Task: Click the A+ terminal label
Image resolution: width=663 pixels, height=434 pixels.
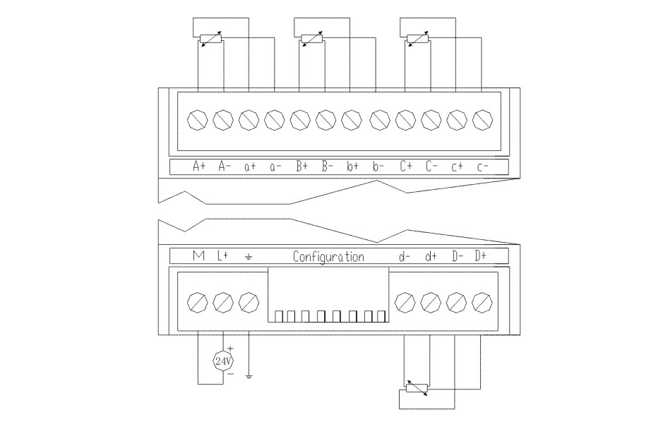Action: click(199, 166)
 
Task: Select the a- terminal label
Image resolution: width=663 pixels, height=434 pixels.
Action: click(275, 167)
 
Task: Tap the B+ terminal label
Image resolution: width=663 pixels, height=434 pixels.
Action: click(302, 166)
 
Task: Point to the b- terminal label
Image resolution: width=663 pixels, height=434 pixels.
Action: click(378, 166)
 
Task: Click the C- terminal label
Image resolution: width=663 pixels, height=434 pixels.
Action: click(431, 166)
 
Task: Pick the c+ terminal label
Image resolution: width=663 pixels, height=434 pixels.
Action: click(457, 167)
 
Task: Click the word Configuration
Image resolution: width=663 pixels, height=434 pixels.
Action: click(328, 256)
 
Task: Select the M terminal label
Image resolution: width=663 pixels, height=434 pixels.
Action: click(198, 255)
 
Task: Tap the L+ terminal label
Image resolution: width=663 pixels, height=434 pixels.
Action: click(222, 255)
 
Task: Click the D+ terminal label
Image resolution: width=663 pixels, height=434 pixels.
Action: click(480, 255)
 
